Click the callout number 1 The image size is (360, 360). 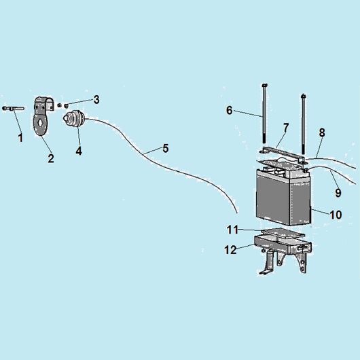coord(20,138)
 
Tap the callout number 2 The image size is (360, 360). coord(51,158)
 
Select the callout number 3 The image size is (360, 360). coord(96,100)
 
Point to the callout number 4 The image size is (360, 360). coord(79,151)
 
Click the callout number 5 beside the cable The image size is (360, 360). coord(166,148)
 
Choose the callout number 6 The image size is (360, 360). coord(230,111)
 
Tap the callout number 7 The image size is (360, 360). coord(285,128)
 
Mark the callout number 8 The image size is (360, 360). coord(322,132)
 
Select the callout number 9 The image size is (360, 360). coord(338,193)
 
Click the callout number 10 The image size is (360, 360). coord(336,215)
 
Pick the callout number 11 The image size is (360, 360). coord(232,230)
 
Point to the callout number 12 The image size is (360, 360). coord(230,250)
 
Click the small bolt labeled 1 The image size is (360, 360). coord(13,109)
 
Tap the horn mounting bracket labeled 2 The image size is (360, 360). coord(43,117)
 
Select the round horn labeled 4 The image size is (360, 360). coord(74,118)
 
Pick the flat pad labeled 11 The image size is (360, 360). coord(283,233)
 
